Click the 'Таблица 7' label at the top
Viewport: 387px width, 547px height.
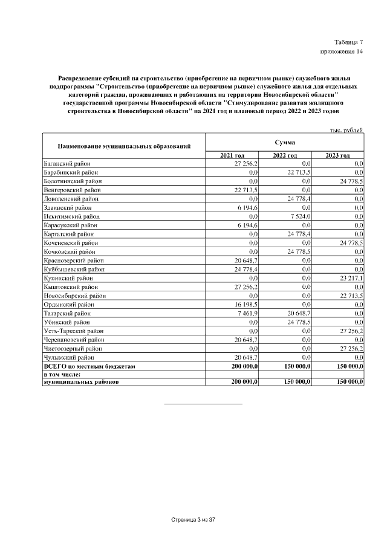(349, 42)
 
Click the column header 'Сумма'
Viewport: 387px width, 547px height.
(284, 142)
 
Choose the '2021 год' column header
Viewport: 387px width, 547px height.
(232, 155)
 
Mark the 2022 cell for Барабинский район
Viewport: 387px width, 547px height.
(298, 172)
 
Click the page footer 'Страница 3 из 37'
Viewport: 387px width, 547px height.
(193, 519)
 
